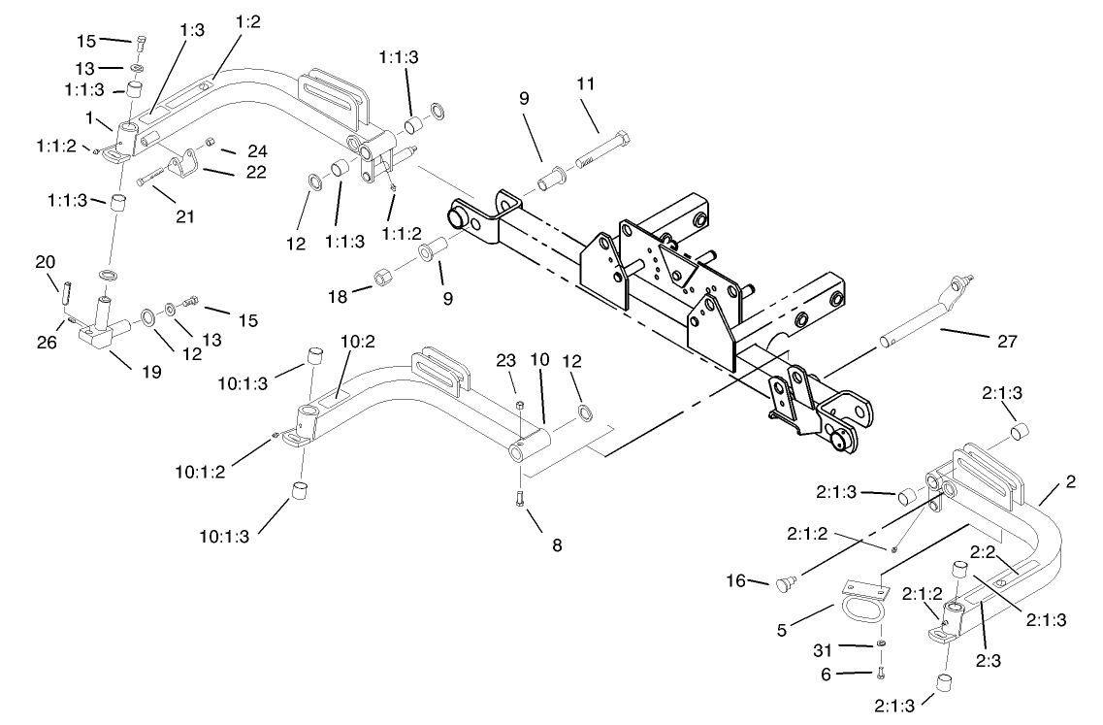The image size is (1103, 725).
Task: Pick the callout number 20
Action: (45, 262)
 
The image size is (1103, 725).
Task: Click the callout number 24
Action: (256, 150)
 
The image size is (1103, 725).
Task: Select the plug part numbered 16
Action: (783, 582)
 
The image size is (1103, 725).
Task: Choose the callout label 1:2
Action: (248, 21)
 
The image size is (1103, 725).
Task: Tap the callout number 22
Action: (256, 173)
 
